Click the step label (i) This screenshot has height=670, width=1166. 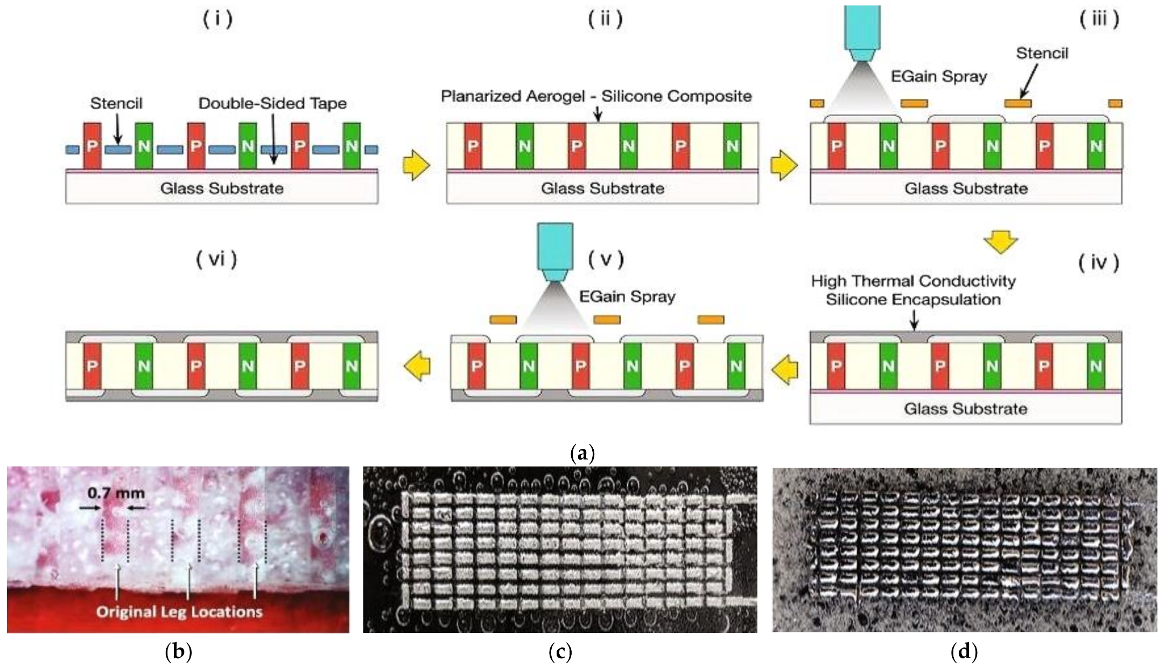(x=217, y=20)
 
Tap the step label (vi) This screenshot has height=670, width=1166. (x=216, y=260)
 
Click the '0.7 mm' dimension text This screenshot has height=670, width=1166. (x=116, y=492)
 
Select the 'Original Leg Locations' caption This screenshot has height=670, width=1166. (x=179, y=612)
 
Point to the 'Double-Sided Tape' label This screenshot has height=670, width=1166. (x=272, y=103)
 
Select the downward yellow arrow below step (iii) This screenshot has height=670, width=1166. (x=1001, y=242)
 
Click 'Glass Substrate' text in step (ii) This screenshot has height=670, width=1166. (x=602, y=188)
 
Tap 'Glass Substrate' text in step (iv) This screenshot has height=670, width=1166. (x=966, y=409)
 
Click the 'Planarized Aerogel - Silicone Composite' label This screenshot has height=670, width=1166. (x=596, y=96)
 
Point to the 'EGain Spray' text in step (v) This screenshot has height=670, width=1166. (x=627, y=297)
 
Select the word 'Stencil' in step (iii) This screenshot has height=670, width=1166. (x=1042, y=53)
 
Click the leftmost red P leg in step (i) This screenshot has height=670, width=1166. (x=92, y=146)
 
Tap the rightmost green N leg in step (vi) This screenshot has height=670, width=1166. (x=352, y=366)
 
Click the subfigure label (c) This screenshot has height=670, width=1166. (x=560, y=653)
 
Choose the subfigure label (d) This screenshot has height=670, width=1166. (x=964, y=653)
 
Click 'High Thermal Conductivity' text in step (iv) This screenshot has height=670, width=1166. (x=914, y=281)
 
